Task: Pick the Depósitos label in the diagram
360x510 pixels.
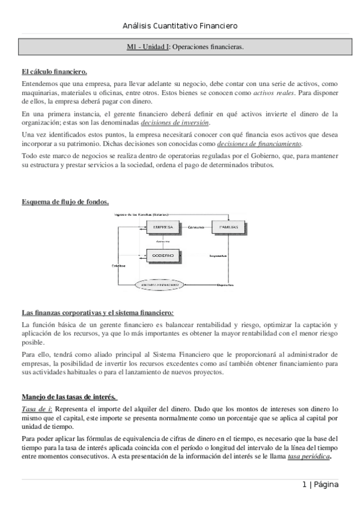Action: click(x=225, y=284)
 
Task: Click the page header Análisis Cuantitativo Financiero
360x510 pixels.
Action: click(x=180, y=26)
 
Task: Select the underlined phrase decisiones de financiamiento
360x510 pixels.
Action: click(x=260, y=144)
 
